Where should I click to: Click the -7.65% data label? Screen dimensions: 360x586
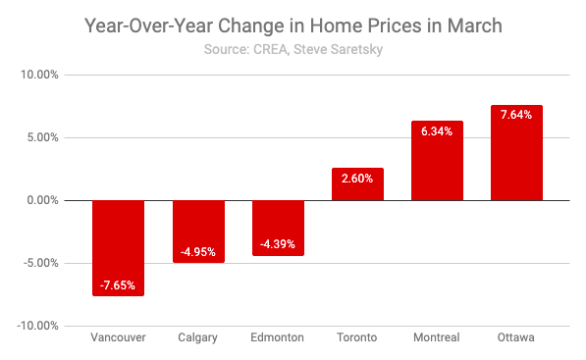tap(119, 285)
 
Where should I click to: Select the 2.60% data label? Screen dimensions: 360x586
tap(357, 179)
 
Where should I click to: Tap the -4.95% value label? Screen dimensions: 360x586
tap(198, 252)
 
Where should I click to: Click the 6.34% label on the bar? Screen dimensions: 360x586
tap(437, 131)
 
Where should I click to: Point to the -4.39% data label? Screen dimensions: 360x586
tap(278, 244)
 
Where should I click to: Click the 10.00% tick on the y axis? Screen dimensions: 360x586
tap(39, 75)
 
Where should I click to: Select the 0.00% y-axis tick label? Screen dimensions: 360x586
tap(42, 200)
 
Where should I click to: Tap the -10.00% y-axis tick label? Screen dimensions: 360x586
tap(37, 326)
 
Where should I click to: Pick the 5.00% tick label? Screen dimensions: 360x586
tap(42, 137)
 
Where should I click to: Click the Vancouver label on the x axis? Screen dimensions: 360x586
tap(118, 337)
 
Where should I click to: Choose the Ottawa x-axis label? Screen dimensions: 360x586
tap(516, 337)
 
